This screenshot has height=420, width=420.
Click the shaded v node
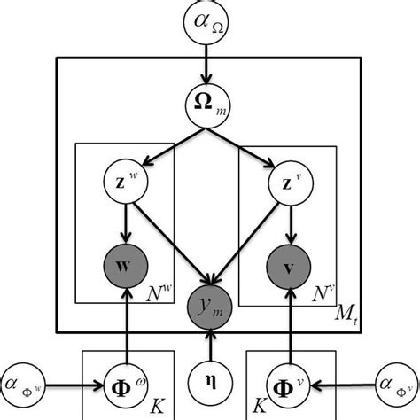(x=292, y=265)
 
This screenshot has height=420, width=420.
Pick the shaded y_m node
(x=210, y=306)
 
